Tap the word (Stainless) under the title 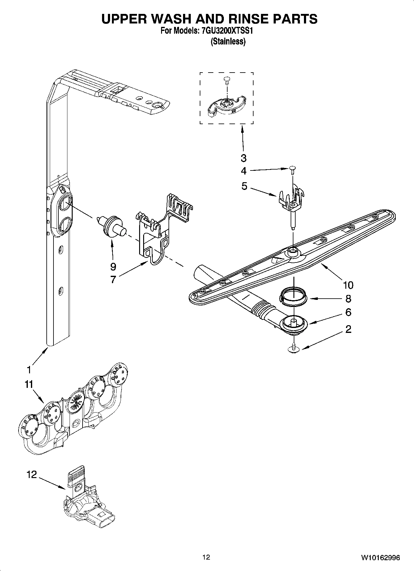[228, 41]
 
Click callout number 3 [244, 158]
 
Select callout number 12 [32, 474]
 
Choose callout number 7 [113, 279]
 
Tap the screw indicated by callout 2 [294, 348]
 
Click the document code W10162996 [380, 557]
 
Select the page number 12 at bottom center [206, 557]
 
